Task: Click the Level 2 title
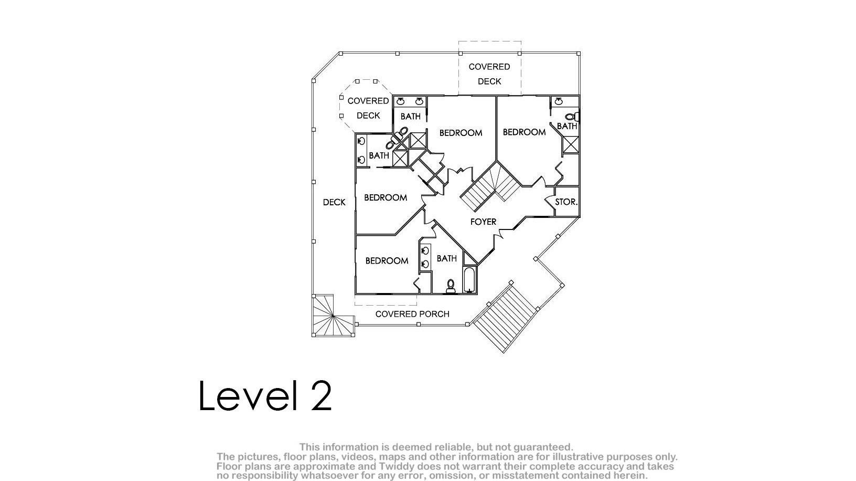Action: (x=265, y=395)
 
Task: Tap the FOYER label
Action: (x=484, y=222)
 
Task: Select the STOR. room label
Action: (x=566, y=202)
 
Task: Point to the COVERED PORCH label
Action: (x=412, y=314)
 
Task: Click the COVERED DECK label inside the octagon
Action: (x=368, y=108)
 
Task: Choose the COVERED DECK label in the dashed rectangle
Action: (x=489, y=74)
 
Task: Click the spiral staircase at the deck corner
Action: (x=333, y=316)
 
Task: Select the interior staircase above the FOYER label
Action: (x=490, y=186)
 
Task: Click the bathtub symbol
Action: (x=469, y=280)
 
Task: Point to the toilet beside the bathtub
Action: (x=451, y=286)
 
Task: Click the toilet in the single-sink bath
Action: (x=572, y=117)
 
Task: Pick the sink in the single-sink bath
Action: (x=559, y=101)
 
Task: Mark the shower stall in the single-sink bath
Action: (x=571, y=144)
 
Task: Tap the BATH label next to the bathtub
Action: (x=447, y=259)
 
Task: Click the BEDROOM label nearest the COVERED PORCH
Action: (x=387, y=261)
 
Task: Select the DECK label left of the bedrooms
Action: (x=335, y=202)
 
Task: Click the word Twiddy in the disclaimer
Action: (x=398, y=466)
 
